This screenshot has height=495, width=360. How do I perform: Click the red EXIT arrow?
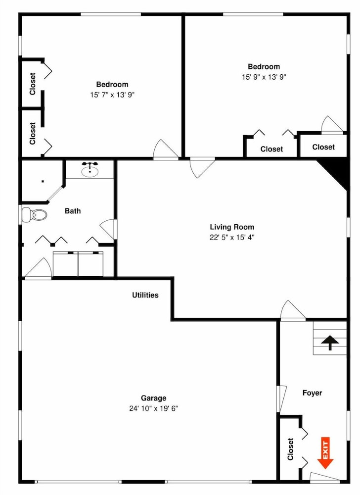coord(325,453)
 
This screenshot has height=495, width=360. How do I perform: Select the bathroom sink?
coord(90,170)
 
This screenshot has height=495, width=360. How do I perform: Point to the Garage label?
coord(154,398)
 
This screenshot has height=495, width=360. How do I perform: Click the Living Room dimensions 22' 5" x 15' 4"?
coord(232,237)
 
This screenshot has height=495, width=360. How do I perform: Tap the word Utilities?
coord(145,295)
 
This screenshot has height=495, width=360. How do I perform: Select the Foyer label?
coord(312,393)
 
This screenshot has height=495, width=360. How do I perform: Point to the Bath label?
coord(73,211)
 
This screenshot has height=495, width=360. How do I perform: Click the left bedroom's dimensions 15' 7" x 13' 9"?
coord(112,95)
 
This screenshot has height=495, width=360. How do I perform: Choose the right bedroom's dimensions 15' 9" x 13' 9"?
coord(264,77)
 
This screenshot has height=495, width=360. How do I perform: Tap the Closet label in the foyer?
coord(290,449)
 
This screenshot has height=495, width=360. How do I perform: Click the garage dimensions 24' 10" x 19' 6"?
coord(154,408)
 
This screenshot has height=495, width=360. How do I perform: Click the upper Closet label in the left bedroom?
coord(33,84)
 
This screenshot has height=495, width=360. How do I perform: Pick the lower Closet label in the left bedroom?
coord(33,134)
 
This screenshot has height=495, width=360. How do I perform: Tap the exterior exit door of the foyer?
coord(324,477)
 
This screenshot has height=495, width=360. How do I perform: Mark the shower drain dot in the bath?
coord(43,181)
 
